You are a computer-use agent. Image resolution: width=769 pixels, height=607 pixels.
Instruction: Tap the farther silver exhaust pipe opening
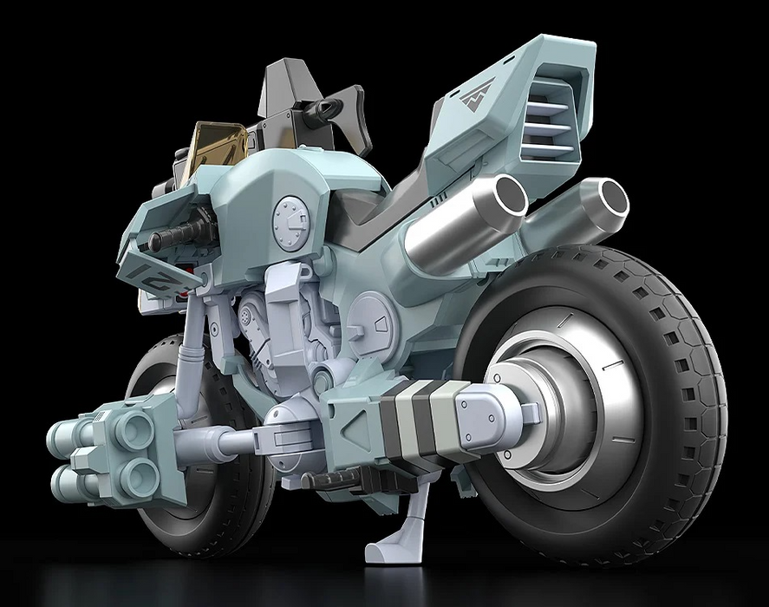pos(607,197)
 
